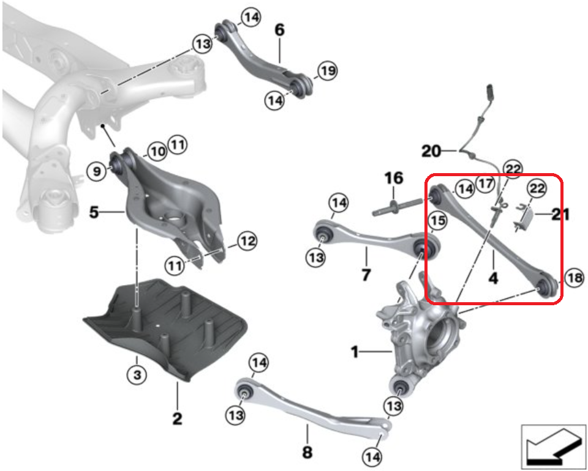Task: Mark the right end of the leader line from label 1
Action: point(392,352)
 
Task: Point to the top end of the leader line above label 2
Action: point(178,381)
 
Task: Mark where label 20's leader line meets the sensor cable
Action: point(459,151)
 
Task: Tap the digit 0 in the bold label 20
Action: point(435,151)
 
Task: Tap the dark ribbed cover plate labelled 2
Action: point(165,330)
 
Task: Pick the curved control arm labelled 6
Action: point(263,60)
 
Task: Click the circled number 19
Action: point(327,70)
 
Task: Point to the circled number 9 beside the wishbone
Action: point(97,171)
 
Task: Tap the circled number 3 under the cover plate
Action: point(137,374)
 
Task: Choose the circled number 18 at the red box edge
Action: point(575,278)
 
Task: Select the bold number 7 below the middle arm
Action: point(366,275)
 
